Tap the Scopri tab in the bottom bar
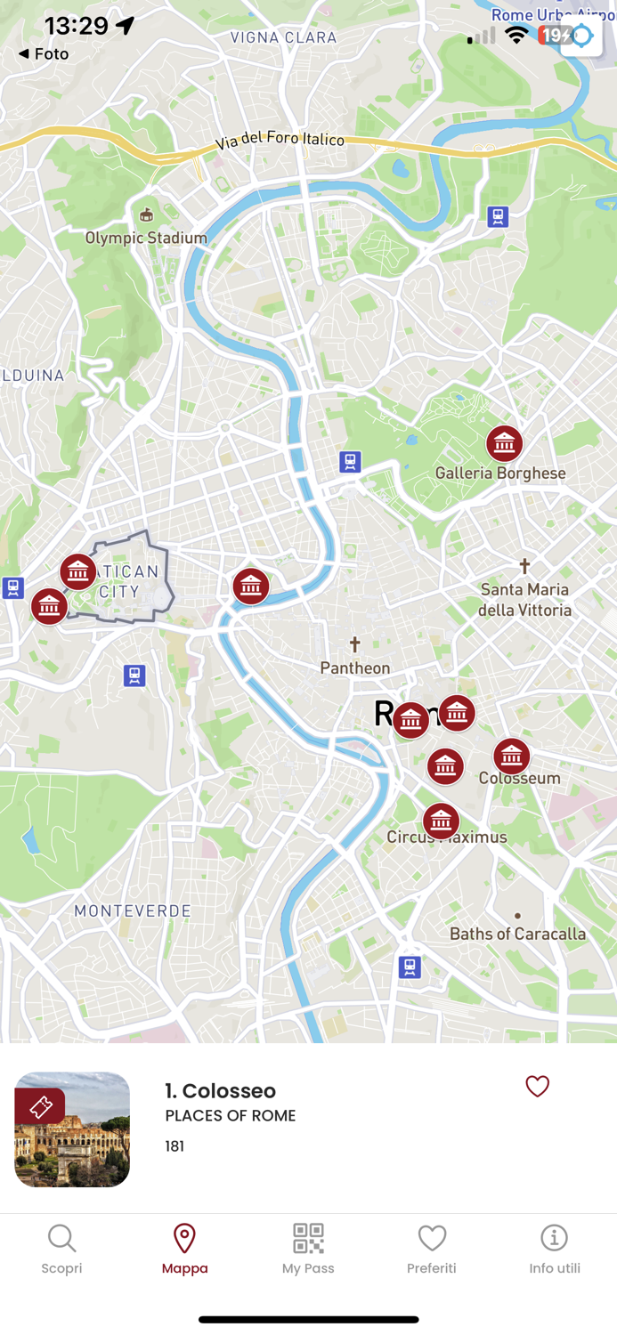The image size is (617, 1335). tap(61, 1249)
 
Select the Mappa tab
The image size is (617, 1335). tap(184, 1249)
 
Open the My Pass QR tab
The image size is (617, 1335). tap(308, 1249)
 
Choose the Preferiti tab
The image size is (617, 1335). tap(432, 1249)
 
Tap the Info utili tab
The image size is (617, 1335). tap(554, 1249)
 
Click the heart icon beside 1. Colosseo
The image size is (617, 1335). tap(537, 1086)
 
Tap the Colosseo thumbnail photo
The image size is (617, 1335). tap(72, 1129)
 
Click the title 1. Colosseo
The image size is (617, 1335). tap(220, 1090)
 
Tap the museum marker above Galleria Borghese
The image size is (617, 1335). tap(504, 443)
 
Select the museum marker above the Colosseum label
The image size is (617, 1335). tap(511, 756)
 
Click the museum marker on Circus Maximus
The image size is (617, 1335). tap(441, 821)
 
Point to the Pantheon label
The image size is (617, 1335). tap(355, 667)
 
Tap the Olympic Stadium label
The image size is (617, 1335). tap(146, 238)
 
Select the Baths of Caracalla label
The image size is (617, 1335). tap(517, 934)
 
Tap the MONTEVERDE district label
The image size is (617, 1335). tap(133, 910)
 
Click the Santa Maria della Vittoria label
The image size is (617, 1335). tap(524, 599)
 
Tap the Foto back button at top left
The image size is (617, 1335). tap(44, 54)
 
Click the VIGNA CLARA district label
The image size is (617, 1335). tap(283, 37)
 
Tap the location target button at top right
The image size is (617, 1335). tap(581, 36)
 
